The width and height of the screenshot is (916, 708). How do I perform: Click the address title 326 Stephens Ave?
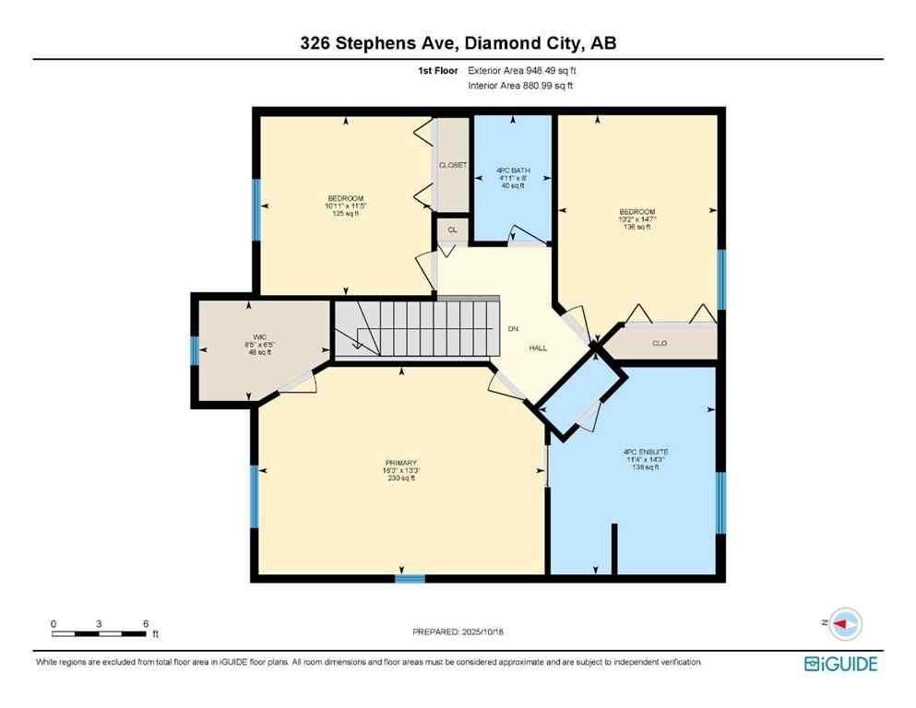coord(458,42)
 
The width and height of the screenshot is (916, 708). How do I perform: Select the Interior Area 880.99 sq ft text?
coord(521,86)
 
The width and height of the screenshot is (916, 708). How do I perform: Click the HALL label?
coord(538,348)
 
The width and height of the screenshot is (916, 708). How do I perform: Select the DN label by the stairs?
coord(513,328)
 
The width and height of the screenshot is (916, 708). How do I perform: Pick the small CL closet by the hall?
coord(452,230)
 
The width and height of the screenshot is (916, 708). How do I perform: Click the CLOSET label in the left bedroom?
coord(452,165)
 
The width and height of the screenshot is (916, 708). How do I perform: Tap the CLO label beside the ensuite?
coord(660,343)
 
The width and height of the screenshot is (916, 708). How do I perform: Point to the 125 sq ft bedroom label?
coord(346,206)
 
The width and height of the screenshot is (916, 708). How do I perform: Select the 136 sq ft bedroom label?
coord(636,219)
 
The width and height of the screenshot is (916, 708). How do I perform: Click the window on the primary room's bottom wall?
coord(410,578)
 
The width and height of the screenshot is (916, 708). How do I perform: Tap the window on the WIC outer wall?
coord(195,351)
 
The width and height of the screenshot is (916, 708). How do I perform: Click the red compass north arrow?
coord(842,624)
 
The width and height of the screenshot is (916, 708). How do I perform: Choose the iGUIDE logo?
coord(840,664)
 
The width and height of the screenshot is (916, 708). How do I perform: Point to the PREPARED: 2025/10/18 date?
coord(458,631)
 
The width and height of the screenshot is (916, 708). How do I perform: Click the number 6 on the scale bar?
coord(146,623)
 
